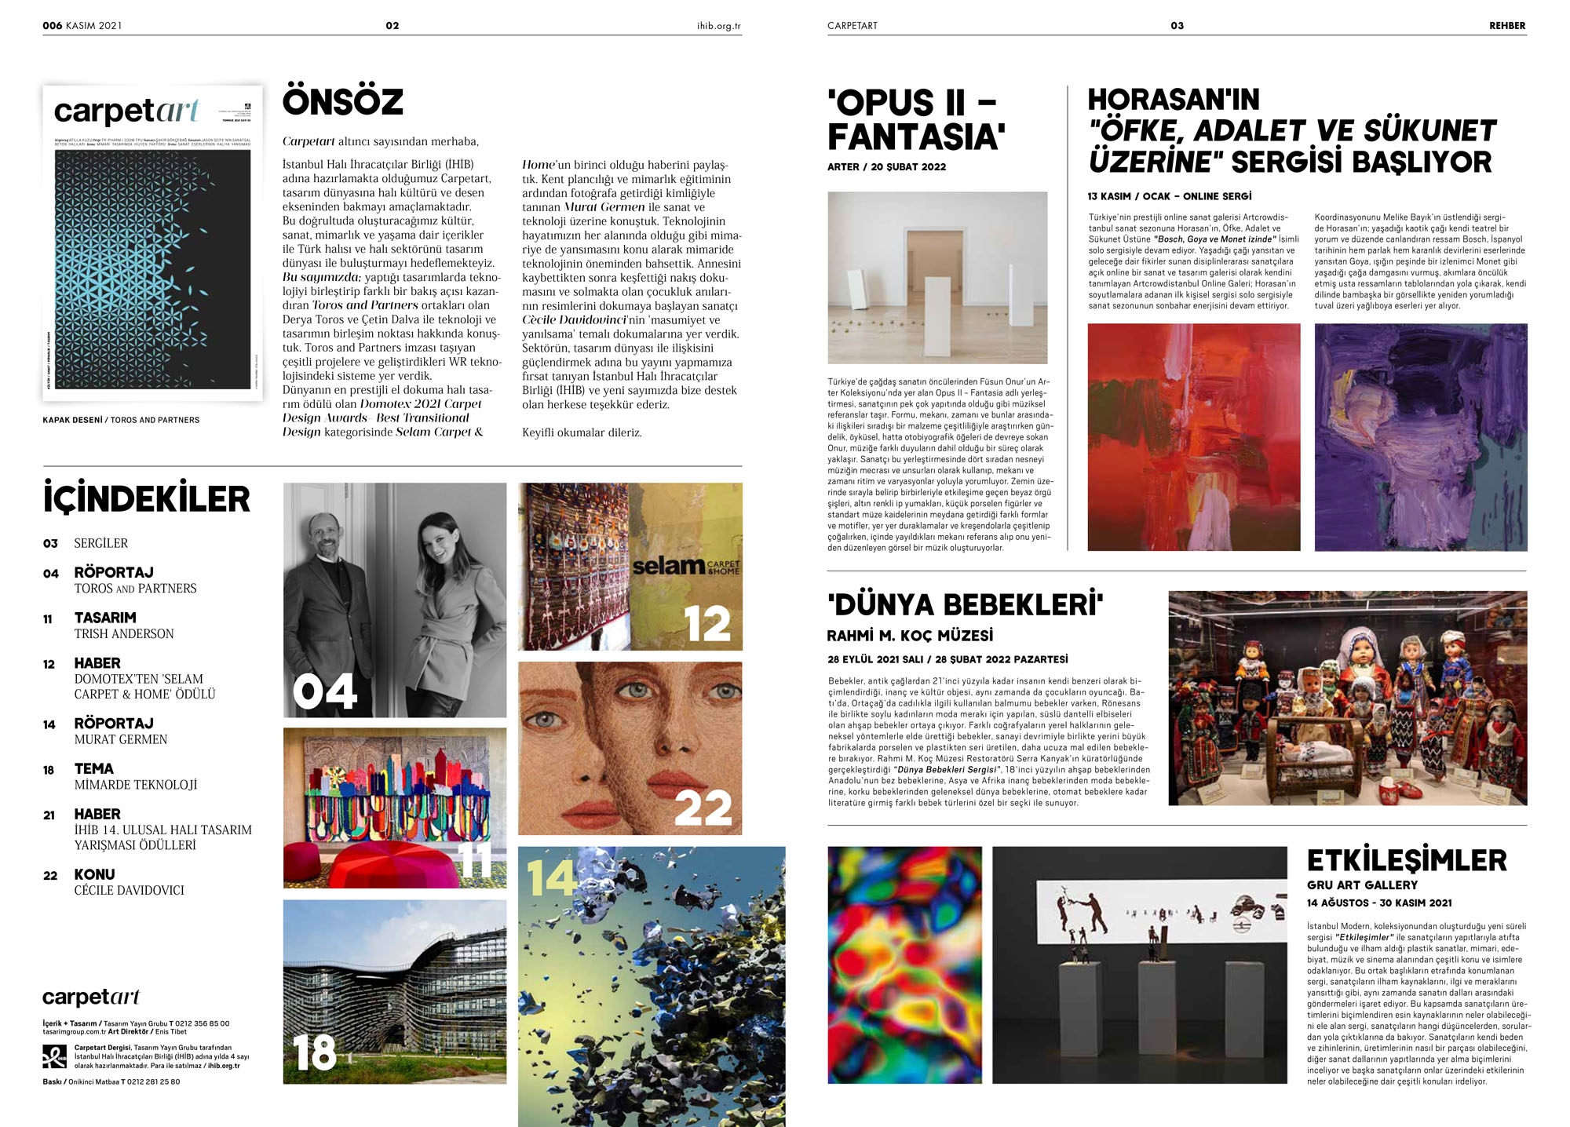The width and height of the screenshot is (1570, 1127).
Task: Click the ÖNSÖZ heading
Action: click(x=342, y=102)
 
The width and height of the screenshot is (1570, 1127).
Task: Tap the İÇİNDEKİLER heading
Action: click(x=147, y=499)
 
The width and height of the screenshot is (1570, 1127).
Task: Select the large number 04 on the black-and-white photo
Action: click(x=324, y=691)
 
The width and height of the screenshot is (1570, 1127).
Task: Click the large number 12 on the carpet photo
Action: click(x=707, y=624)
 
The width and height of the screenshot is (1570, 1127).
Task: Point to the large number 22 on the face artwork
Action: click(x=703, y=808)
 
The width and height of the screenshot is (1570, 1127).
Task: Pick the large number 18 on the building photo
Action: click(x=314, y=1052)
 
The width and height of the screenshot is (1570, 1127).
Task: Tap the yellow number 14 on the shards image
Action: click(x=551, y=878)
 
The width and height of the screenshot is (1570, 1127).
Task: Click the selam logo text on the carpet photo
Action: click(x=668, y=565)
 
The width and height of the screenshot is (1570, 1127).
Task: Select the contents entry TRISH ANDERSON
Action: click(x=124, y=633)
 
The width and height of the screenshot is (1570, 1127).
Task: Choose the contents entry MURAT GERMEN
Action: click(x=121, y=739)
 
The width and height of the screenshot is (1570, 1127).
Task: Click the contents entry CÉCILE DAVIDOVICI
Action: click(x=130, y=890)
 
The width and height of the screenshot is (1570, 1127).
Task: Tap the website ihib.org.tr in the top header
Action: click(x=718, y=26)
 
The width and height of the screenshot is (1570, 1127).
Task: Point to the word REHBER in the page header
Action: click(x=1507, y=26)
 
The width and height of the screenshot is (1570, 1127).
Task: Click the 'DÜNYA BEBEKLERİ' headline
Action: click(x=965, y=605)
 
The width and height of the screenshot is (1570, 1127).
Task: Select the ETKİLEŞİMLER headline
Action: click(x=1407, y=861)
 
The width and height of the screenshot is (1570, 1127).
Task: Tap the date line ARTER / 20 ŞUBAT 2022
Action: click(x=886, y=167)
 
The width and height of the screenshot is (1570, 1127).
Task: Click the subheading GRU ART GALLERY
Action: click(x=1362, y=885)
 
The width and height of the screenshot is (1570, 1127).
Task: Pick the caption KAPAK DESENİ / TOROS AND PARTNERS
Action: click(x=121, y=420)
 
